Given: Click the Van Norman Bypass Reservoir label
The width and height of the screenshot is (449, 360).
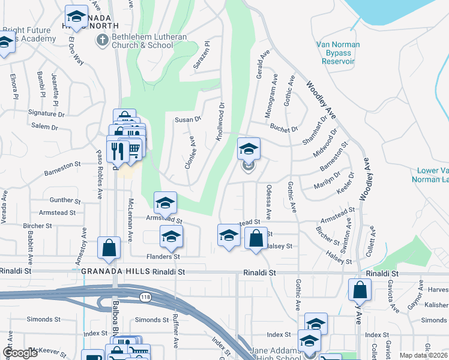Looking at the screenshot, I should click(x=338, y=53).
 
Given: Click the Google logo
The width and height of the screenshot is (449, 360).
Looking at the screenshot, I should click(x=20, y=353).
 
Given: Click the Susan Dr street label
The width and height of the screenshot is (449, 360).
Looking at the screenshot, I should click(x=187, y=119).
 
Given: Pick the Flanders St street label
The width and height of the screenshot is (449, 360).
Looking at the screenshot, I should click(x=164, y=257).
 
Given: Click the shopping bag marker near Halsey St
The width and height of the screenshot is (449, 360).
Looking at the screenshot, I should click(x=256, y=238).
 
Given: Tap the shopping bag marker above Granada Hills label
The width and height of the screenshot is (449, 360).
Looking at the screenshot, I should click(x=109, y=248).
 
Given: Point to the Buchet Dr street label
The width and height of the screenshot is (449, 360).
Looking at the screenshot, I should click(x=284, y=128).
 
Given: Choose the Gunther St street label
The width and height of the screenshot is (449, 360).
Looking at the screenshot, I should click(x=61, y=199).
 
